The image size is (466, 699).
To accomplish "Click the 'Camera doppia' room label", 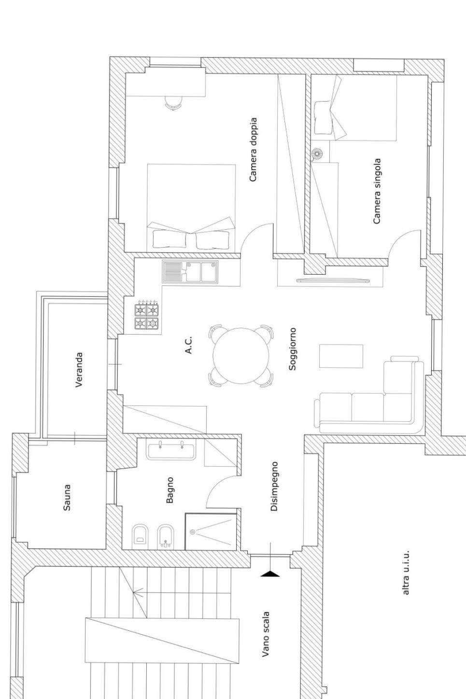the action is click(253, 150).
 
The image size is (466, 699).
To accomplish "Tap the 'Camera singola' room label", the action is click(377, 191).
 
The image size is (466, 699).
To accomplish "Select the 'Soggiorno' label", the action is click(292, 349).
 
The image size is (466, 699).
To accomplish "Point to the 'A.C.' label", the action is click(188, 345).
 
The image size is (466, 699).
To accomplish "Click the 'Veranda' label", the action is click(79, 370).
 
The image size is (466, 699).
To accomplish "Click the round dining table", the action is click(240, 355).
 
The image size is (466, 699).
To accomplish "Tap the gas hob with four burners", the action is click(146, 316).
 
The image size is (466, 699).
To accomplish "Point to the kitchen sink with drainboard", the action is click(190, 272).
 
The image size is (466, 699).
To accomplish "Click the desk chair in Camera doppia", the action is click(173, 103).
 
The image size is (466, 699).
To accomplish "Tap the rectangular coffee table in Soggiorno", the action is click(341, 356).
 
